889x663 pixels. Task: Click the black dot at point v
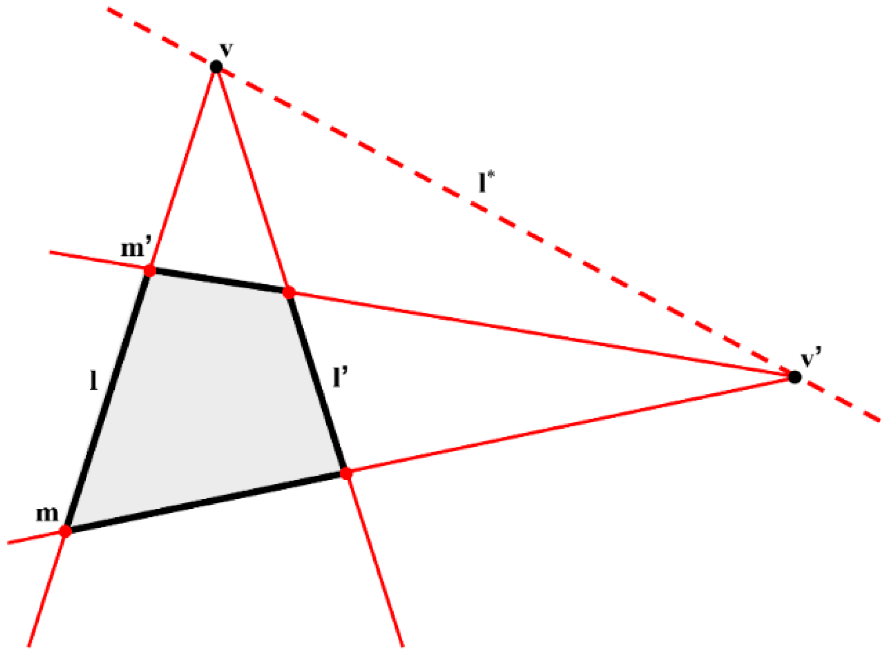(216, 67)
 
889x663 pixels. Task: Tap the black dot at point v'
(795, 376)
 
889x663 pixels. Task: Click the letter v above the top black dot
(226, 49)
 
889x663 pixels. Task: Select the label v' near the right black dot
(811, 358)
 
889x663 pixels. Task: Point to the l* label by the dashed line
(486, 183)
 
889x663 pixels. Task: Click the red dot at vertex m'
(150, 271)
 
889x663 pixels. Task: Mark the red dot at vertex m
(66, 530)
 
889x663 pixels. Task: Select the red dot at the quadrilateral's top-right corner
(289, 293)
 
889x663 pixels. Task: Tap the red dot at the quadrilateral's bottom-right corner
(346, 474)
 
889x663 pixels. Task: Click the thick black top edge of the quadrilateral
(219, 282)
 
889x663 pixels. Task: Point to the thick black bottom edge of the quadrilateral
(206, 502)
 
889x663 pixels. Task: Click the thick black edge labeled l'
(317, 383)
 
